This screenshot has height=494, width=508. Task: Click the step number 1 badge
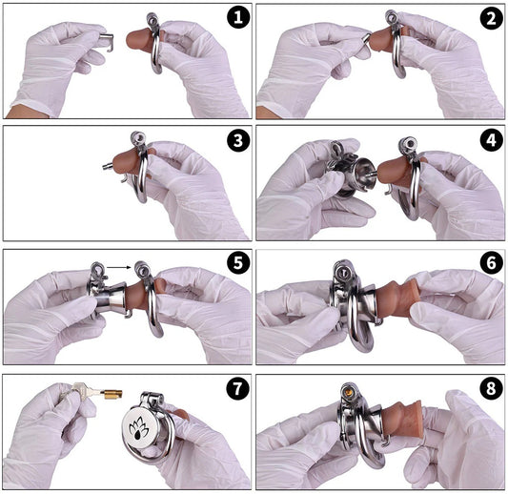tap(238, 17)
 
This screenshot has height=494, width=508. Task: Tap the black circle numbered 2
tap(491, 18)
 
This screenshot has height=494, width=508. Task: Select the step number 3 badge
tap(238, 141)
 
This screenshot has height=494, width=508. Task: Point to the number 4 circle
tap(491, 141)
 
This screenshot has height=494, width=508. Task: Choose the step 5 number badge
tap(238, 263)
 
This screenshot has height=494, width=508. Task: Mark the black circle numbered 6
tap(491, 263)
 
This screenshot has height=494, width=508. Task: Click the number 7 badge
tap(238, 388)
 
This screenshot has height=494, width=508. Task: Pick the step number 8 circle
tap(491, 388)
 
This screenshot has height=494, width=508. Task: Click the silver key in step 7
tap(84, 390)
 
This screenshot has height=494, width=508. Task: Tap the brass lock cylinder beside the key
tap(112, 394)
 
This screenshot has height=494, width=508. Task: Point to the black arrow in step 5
tap(118, 268)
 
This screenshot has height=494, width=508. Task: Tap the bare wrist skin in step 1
tap(24, 112)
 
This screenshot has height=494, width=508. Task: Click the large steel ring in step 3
tap(144, 176)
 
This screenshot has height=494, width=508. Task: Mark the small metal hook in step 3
tap(124, 178)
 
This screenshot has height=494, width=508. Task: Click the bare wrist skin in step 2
tap(266, 113)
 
